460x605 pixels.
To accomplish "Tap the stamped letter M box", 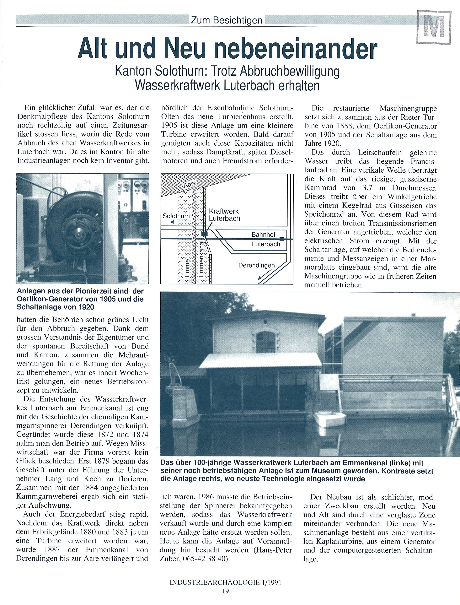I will (434, 27).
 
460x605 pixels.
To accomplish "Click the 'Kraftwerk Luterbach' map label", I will (224, 215).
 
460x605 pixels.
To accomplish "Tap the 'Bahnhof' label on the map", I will (263, 235).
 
